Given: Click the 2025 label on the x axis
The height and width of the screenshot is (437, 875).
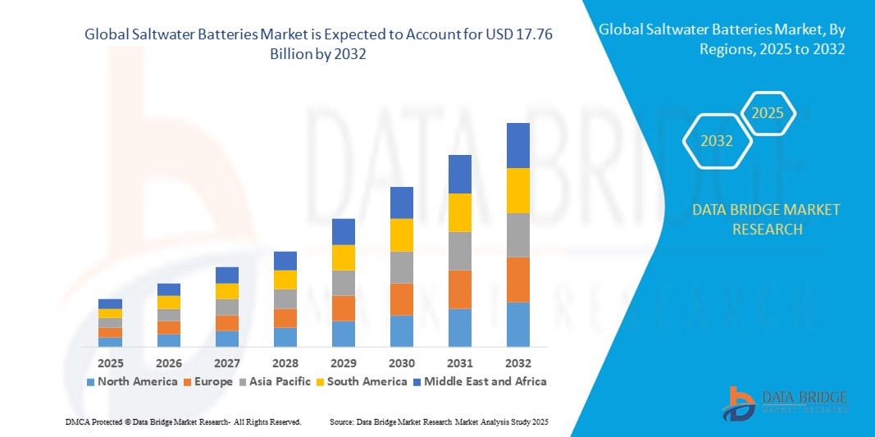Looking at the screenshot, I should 110,362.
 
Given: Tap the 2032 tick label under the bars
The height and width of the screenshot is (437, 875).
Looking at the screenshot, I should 518,362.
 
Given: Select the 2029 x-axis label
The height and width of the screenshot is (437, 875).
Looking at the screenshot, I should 344,362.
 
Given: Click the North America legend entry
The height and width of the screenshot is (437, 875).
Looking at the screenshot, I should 131,381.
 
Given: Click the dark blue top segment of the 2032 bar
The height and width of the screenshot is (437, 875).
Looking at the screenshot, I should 518,145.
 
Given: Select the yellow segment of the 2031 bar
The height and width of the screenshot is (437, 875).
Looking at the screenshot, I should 460,212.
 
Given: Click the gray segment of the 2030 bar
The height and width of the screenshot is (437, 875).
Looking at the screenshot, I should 402,267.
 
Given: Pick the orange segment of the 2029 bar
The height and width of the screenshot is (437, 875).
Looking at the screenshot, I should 344,308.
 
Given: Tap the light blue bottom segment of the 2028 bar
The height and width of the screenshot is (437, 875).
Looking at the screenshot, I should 285,337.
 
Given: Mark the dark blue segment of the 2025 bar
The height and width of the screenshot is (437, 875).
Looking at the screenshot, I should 110,303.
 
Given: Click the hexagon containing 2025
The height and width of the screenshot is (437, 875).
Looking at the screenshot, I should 768,113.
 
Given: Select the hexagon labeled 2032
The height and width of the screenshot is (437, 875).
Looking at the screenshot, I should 717,141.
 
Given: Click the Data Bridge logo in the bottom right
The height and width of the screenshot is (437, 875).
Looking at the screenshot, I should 783,402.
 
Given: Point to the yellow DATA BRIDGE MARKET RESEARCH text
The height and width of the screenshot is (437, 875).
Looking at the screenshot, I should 766,220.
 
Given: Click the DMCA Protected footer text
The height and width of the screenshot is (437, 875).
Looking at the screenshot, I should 183,421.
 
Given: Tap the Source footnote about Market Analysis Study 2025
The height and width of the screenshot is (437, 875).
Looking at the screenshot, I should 438,421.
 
